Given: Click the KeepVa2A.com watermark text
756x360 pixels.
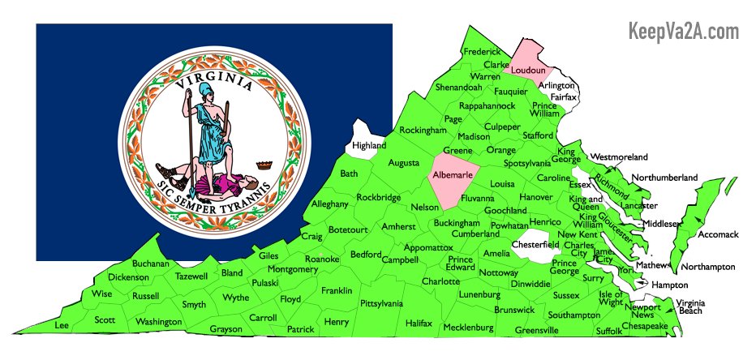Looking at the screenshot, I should click(x=684, y=32).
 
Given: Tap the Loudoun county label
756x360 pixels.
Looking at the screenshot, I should click(x=532, y=71).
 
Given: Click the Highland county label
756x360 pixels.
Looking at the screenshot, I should click(x=369, y=146).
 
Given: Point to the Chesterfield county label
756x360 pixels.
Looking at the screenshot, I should click(x=535, y=244).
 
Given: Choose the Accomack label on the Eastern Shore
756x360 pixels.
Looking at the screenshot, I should click(x=719, y=234).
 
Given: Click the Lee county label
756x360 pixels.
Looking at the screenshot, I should click(x=61, y=324).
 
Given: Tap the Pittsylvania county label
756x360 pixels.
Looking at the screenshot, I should click(x=381, y=303).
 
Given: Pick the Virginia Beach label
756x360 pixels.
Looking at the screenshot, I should click(x=690, y=306).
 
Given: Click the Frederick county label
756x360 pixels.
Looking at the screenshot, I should click(x=482, y=52).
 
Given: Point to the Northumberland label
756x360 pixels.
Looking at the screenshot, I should click(x=664, y=178).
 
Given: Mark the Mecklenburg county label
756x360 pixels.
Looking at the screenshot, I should click(x=468, y=328).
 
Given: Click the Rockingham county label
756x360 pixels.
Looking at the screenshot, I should click(x=423, y=130).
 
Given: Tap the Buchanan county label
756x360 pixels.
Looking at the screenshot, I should click(x=151, y=264).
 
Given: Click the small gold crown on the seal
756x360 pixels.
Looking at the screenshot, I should click(x=262, y=164).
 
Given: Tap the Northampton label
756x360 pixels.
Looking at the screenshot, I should click(x=707, y=267).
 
